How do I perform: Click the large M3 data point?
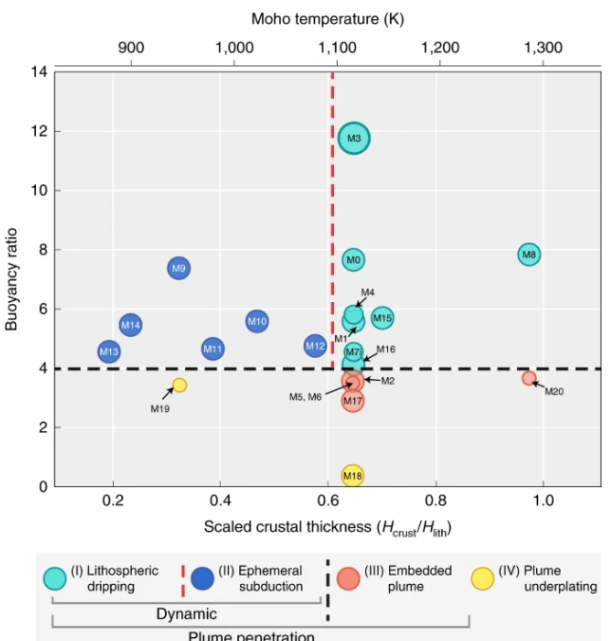coord(354,139)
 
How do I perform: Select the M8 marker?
coord(529,255)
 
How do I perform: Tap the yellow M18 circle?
coord(353,476)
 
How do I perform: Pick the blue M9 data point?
coord(179,269)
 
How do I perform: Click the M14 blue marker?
coord(131,326)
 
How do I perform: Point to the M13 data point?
coord(109,352)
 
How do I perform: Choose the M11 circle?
coord(213,349)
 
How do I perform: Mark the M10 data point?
coord(257,322)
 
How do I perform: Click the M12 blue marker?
coord(316,347)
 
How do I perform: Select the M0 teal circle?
coord(354,259)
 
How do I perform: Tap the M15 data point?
coord(382,318)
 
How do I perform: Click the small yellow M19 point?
coord(179,386)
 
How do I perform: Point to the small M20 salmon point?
coord(529,378)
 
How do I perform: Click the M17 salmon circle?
coord(354,402)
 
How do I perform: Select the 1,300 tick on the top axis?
coord(543,47)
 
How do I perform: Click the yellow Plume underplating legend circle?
coord(484,577)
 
